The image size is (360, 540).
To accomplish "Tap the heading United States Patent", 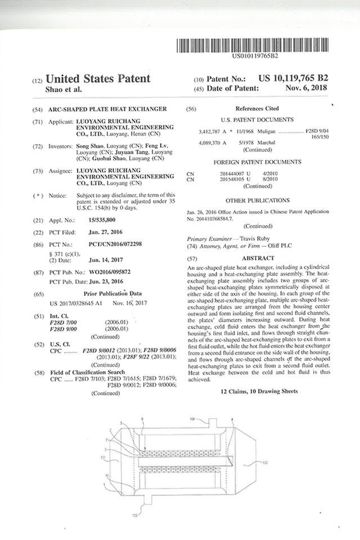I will pos(97,79).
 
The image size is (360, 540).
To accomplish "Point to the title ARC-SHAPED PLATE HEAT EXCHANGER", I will pos(107,109).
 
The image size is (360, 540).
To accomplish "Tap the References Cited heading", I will pos(256,109).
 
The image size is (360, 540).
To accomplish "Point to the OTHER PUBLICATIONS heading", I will pos(257,200).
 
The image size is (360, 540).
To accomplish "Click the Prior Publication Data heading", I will pos(110,294).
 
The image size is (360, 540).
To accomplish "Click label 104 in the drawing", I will pos(192,419).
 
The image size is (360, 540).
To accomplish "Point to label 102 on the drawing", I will pos(265,462).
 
